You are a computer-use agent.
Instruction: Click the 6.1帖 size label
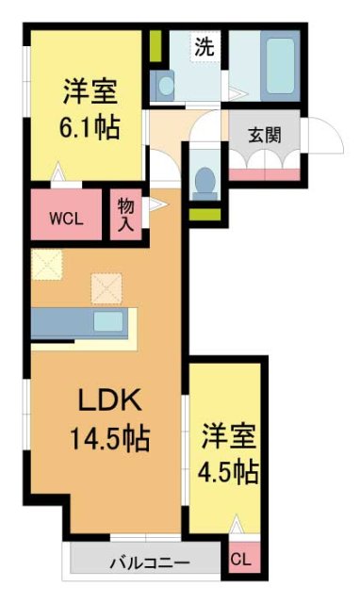point(91,128)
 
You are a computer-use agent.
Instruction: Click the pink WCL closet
point(67,217)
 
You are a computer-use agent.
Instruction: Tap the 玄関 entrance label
point(265,134)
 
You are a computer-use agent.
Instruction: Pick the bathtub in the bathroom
point(277,62)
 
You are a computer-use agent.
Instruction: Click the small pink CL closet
point(241,559)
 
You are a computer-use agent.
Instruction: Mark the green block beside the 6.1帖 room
point(156,45)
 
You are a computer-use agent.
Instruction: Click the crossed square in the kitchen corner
point(46,264)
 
